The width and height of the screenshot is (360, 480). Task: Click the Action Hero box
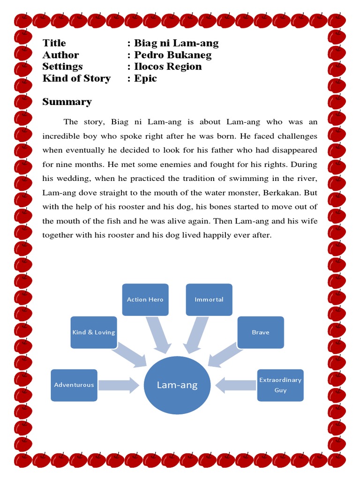(145, 300)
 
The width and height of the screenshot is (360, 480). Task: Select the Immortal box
(209, 300)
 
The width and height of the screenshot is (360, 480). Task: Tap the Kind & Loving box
(94, 332)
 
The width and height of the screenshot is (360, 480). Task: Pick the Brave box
(261, 332)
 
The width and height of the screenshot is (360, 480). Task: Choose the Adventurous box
(74, 385)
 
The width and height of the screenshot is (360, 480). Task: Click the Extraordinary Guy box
(280, 385)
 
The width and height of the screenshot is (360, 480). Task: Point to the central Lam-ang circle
(177, 385)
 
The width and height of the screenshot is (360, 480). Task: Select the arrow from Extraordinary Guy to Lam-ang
(236, 385)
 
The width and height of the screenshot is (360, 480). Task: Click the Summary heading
(67, 102)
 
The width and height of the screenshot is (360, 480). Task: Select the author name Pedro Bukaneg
(172, 55)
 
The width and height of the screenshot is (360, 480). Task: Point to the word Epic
(145, 78)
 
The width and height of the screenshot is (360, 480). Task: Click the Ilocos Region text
(168, 67)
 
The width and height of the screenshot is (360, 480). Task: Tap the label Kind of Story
(76, 78)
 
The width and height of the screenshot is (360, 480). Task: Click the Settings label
(62, 67)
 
